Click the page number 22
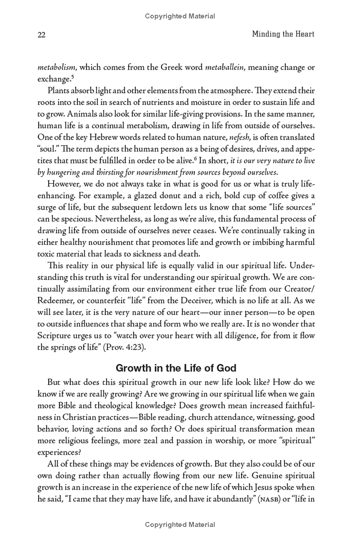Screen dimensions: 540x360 [42, 34]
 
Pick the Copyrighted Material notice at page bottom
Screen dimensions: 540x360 [180, 525]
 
